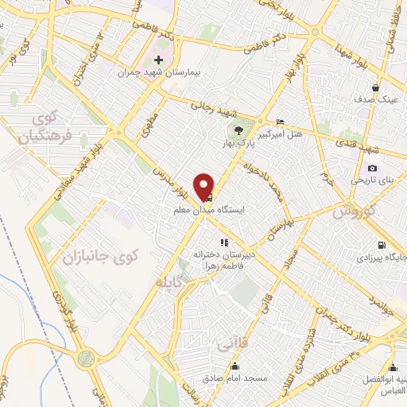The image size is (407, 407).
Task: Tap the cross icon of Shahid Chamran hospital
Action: [x=158, y=60]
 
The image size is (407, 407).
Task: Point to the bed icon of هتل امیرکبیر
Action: [x=278, y=120]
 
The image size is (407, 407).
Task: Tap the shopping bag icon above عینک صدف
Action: [x=375, y=87]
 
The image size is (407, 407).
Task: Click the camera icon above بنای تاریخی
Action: [x=372, y=168]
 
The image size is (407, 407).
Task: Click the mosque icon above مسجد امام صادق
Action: [x=235, y=366]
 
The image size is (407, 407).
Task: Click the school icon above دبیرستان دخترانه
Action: [x=224, y=242]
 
